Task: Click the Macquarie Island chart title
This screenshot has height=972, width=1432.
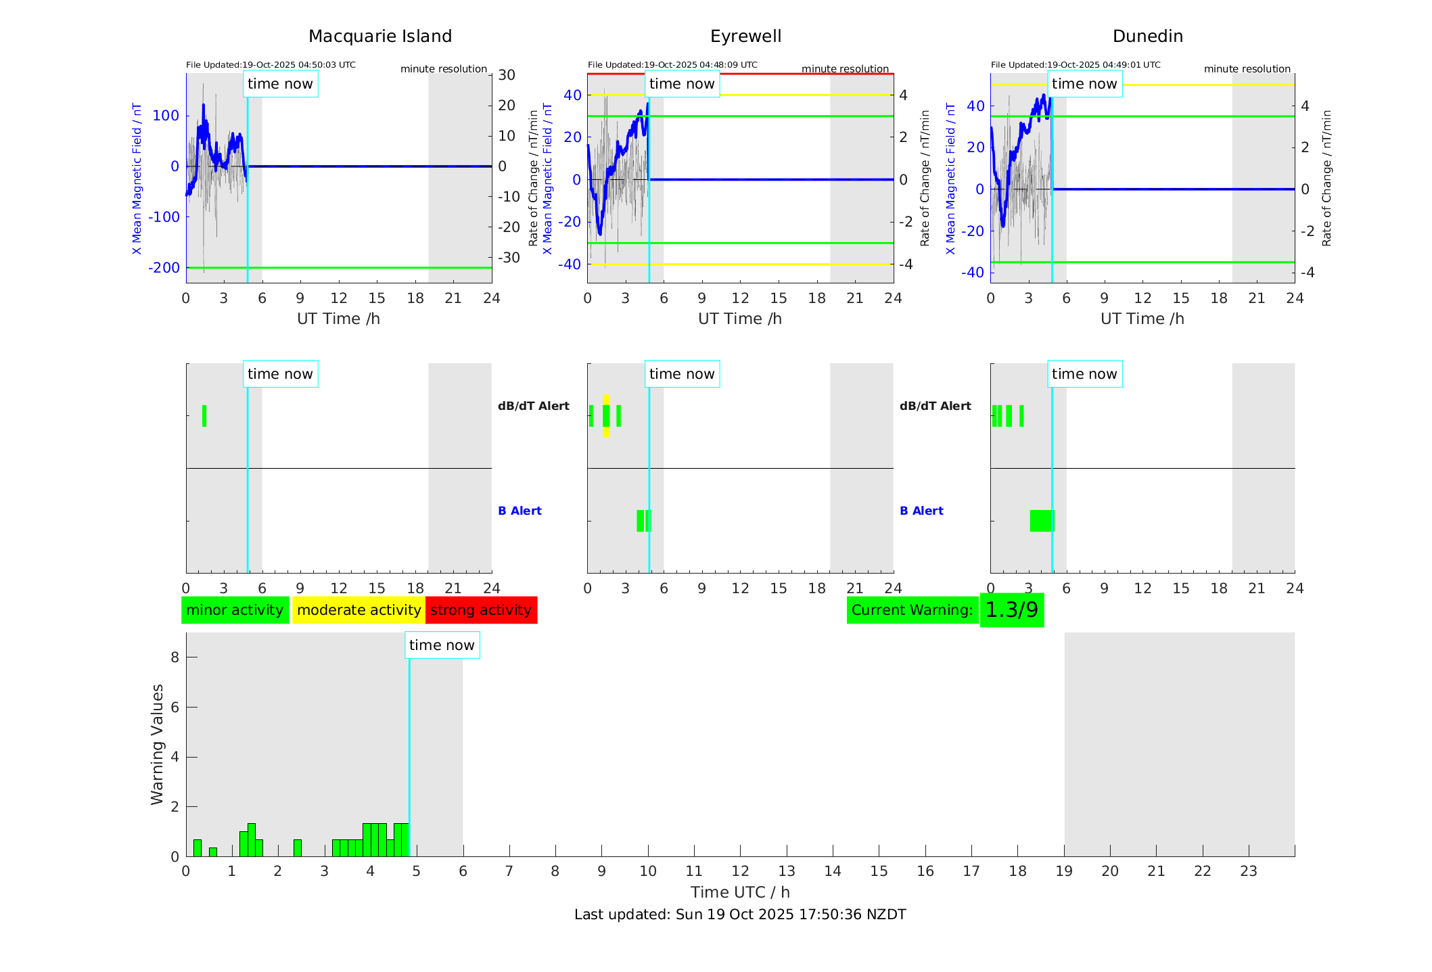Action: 379,36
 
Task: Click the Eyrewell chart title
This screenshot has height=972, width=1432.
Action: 745,36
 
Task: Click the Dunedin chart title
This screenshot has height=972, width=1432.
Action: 1147,36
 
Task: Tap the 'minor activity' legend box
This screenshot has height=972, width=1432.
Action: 235,610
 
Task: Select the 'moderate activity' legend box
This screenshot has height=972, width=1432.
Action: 359,610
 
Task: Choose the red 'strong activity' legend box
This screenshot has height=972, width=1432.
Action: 481,610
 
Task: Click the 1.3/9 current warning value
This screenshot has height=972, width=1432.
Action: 1011,610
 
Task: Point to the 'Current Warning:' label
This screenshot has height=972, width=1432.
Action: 912,610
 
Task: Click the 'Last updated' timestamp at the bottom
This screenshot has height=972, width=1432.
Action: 739,915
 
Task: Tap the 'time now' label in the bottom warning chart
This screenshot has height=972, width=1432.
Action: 442,645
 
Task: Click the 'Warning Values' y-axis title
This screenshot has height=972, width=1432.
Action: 157,744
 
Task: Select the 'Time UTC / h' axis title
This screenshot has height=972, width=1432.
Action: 739,892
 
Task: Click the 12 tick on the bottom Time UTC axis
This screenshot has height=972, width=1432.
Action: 740,871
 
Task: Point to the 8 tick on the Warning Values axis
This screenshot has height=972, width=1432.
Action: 175,657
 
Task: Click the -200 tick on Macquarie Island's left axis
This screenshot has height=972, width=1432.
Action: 164,268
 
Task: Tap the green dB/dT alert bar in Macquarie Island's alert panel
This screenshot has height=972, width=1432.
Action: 204,416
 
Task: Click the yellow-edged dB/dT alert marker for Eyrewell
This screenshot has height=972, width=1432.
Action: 606,416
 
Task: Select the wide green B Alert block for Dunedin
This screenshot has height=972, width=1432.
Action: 1042,521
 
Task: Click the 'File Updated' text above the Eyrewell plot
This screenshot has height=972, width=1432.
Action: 672,65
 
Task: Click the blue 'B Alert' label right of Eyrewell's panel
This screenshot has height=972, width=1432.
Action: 921,511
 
